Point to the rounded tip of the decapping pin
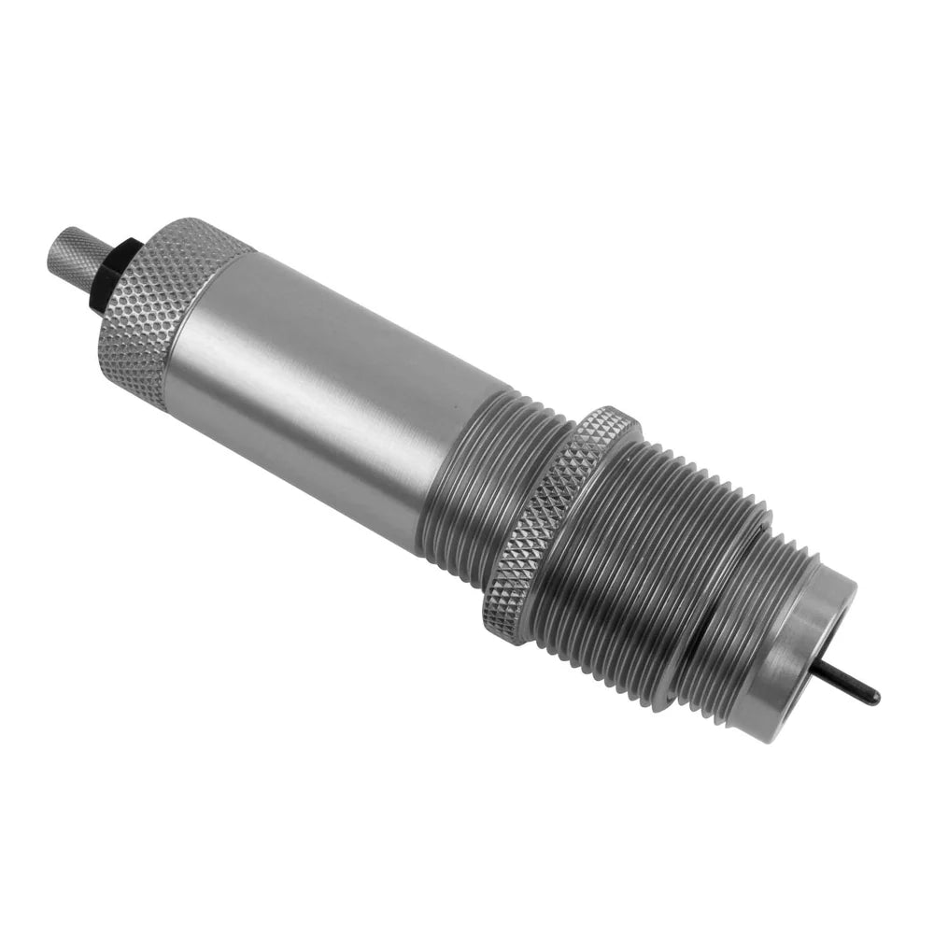874,698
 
